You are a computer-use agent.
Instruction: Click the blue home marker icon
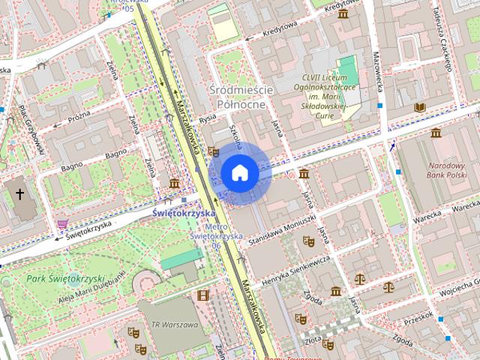pos(240,173)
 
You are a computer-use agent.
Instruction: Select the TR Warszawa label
pos(175,325)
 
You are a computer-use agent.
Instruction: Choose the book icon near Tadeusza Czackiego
pos(419,107)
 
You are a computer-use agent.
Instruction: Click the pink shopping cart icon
pos(62,223)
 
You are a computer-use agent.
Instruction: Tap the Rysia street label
pos(208,118)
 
